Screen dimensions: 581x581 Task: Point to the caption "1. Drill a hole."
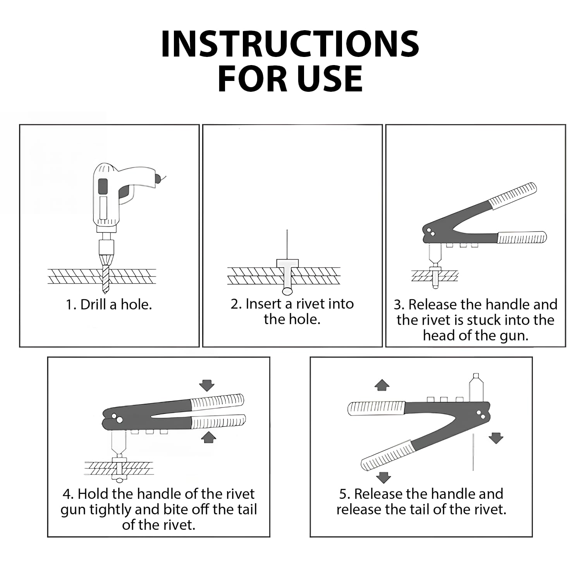click(109, 304)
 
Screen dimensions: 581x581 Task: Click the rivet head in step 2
click(287, 263)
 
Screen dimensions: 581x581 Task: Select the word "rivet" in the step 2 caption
click(312, 304)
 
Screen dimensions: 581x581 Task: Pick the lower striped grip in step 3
click(522, 237)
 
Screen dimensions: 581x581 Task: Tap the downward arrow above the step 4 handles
click(207, 385)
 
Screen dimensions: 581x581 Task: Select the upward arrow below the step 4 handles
click(209, 437)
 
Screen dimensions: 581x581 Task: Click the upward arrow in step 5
click(382, 385)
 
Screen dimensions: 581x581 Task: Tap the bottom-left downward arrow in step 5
click(383, 477)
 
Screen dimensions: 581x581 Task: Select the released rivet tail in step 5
click(473, 452)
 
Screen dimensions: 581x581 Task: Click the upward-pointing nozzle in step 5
click(476, 387)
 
